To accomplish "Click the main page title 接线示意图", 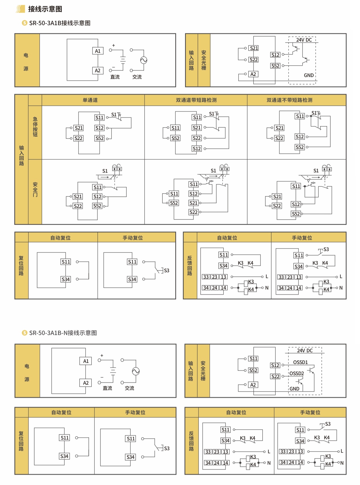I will click(x=45, y=9).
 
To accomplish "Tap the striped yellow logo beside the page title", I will click(x=20, y=9).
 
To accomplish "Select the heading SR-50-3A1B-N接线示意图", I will click(x=63, y=333).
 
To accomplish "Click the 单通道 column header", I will click(x=90, y=100).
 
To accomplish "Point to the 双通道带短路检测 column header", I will click(x=196, y=100).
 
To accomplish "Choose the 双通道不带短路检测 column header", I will click(x=289, y=100).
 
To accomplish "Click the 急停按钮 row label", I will click(x=35, y=127).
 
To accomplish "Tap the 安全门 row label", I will click(x=35, y=189).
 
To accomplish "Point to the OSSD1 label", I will click(x=300, y=362).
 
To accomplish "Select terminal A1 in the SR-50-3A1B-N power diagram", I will click(x=86, y=361).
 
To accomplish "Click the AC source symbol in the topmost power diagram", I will click(x=144, y=60).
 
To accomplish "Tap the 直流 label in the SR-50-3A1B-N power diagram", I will click(x=107, y=388).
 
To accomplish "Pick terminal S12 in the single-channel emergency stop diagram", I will click(x=99, y=128).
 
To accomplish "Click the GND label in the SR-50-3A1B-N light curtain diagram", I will click(x=294, y=389).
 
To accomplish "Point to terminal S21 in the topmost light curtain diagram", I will click(x=254, y=48).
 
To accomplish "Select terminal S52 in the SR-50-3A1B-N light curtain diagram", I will click(x=253, y=370).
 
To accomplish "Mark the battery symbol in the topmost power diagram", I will click(x=123, y=60).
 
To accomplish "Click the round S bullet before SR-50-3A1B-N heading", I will click(x=25, y=333).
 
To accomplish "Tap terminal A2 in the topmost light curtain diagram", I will click(x=253, y=74).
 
